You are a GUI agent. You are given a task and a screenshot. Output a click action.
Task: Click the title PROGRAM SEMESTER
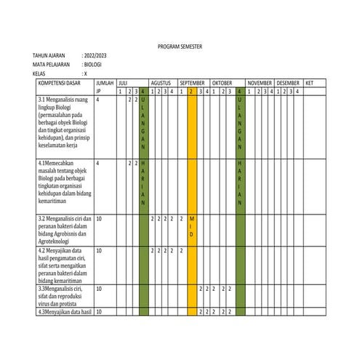click(180, 47)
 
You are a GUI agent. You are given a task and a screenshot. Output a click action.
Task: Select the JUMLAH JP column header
click(105, 87)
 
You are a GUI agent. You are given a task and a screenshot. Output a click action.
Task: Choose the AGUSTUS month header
click(161, 83)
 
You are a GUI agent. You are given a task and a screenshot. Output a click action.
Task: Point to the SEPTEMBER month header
click(193, 83)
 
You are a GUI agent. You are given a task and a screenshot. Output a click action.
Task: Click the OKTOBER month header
click(222, 83)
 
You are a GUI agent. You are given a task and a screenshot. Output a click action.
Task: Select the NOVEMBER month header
click(260, 83)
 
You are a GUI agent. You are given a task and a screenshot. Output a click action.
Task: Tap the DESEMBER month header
click(289, 83)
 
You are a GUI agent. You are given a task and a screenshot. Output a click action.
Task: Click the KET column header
click(310, 83)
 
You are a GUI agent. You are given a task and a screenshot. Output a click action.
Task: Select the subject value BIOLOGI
click(93, 65)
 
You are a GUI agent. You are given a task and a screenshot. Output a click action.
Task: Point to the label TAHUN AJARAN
click(48, 56)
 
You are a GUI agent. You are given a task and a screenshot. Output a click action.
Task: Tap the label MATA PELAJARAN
click(50, 65)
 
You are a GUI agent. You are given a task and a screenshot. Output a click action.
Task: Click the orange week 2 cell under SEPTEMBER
click(192, 92)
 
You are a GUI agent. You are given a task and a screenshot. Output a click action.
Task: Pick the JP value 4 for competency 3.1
click(97, 99)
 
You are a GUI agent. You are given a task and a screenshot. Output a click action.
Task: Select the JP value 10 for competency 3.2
click(99, 218)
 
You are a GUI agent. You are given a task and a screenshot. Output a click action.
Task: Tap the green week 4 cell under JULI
click(143, 92)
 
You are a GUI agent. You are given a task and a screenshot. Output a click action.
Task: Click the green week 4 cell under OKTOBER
click(240, 92)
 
